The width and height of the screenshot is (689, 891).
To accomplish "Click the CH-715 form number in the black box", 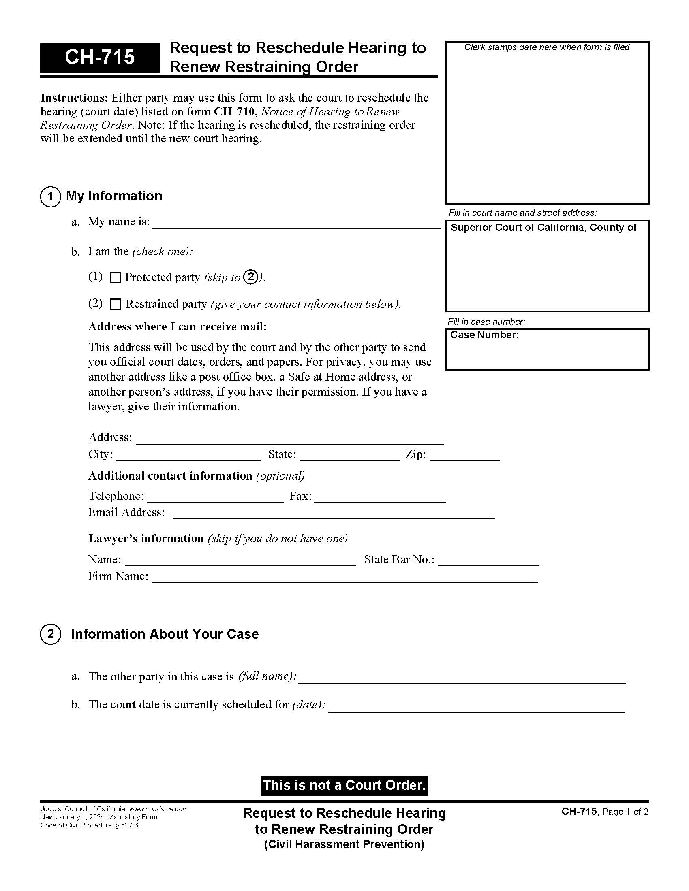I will (100, 57).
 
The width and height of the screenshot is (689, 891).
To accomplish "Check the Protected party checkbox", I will (116, 278).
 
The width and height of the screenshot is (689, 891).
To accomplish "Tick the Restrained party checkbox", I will (116, 304).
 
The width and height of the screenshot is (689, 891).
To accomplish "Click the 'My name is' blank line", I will (295, 224).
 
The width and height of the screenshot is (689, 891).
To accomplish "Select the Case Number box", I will (547, 350).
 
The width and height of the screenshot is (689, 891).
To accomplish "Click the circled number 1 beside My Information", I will (51, 197).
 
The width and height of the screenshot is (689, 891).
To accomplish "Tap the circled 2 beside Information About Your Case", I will (51, 634).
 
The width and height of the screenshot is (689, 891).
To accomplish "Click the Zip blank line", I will (465, 456).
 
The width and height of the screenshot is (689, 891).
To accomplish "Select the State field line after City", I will (349, 456).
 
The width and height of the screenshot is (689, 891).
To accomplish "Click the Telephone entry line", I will (215, 498).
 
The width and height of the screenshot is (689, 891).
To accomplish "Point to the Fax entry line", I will (380, 498).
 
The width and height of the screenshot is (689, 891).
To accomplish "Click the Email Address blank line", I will (334, 514).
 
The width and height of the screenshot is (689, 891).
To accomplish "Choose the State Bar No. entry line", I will (488, 561).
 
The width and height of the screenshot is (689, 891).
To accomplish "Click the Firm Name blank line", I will (344, 578).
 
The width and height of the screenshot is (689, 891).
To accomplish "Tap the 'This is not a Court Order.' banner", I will (344, 785).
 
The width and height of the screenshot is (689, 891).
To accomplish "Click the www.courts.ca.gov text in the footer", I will (157, 809).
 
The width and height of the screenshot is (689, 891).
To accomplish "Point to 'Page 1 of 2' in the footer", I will (625, 812).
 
